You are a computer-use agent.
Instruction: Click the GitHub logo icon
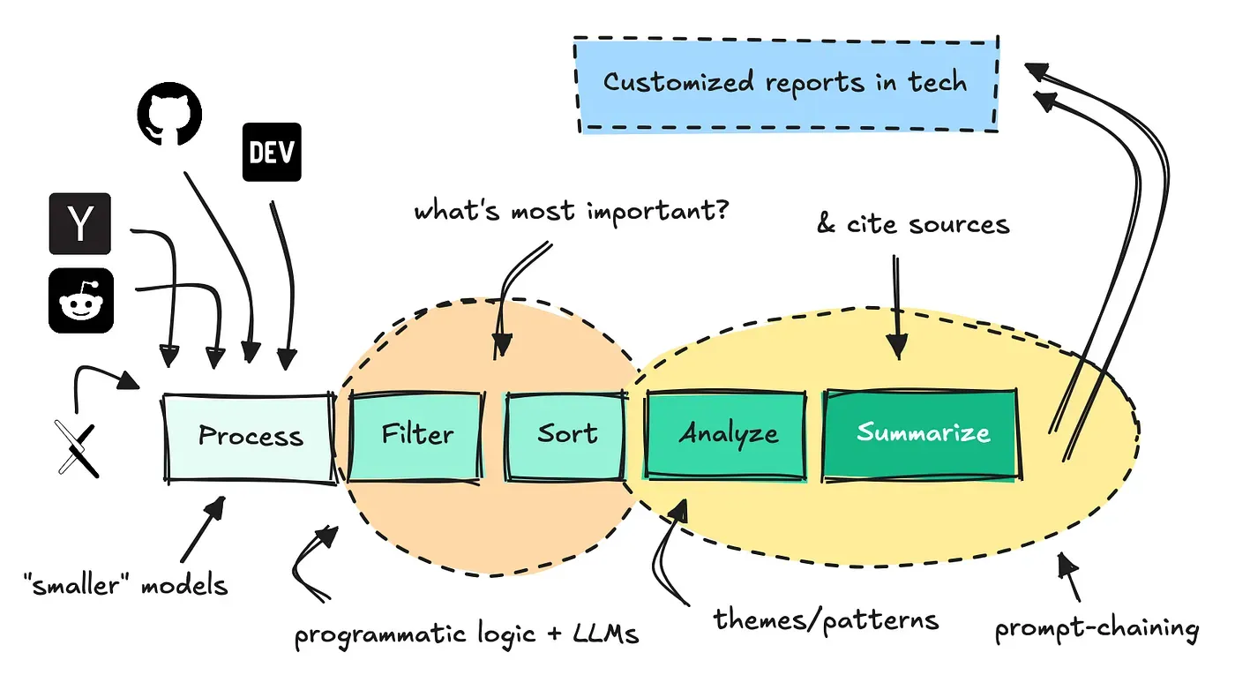(x=169, y=116)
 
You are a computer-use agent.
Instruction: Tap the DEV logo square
(x=271, y=152)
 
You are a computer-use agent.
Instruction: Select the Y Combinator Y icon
(x=79, y=224)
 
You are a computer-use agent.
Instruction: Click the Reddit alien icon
(x=80, y=301)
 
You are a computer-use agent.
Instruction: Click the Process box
(x=250, y=436)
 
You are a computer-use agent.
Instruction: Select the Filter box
(x=417, y=434)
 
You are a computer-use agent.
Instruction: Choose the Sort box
(x=566, y=434)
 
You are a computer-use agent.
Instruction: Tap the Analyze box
(x=727, y=434)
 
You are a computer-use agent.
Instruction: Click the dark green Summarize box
(x=923, y=433)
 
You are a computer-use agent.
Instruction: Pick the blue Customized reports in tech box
(x=785, y=84)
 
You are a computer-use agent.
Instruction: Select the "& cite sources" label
(x=912, y=224)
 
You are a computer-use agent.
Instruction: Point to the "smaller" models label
(x=125, y=584)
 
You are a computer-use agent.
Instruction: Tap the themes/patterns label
(x=826, y=619)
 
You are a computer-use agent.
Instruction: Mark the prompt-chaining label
(x=1097, y=629)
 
